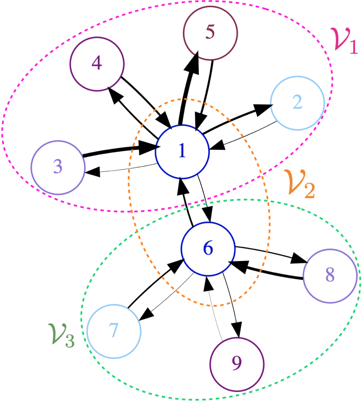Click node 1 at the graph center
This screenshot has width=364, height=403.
click(x=182, y=152)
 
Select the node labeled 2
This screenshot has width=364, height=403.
click(x=297, y=103)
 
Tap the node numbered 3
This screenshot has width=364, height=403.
click(x=58, y=167)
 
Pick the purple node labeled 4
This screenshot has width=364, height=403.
click(x=97, y=64)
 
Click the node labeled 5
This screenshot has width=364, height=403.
click(x=210, y=33)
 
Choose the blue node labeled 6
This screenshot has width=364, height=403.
click(x=208, y=249)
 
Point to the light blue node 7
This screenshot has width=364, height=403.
click(x=114, y=331)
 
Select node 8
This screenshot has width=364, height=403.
click(x=330, y=276)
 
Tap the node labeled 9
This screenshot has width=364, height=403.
click(x=237, y=364)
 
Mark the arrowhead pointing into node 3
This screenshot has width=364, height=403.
click(x=92, y=172)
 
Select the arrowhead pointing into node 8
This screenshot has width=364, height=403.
click(x=299, y=258)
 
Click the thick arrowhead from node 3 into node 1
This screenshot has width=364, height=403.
click(x=149, y=148)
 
